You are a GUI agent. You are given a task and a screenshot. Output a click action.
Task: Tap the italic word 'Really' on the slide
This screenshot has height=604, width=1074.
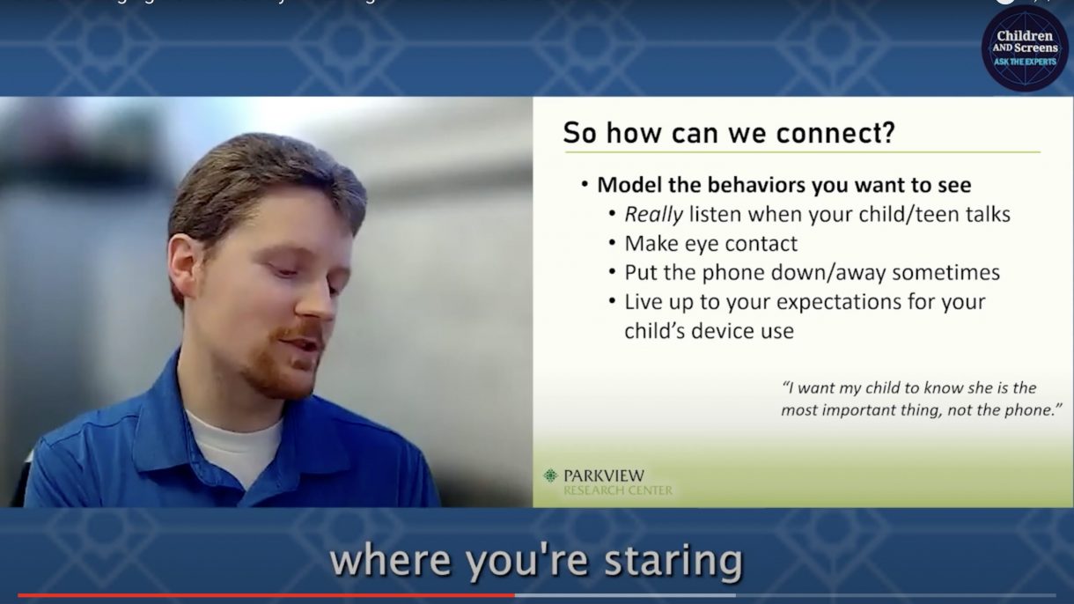[653, 214]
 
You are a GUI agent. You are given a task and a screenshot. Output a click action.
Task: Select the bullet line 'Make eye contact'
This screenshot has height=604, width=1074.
[710, 243]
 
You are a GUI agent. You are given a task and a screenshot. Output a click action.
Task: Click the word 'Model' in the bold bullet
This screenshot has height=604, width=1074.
[627, 185]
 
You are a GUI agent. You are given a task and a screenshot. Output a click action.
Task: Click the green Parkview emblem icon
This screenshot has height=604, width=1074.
[550, 475]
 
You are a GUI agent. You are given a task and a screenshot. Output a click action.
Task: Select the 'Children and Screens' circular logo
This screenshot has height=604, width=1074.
[1025, 48]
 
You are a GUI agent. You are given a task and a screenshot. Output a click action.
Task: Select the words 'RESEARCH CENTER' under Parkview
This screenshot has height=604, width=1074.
[617, 490]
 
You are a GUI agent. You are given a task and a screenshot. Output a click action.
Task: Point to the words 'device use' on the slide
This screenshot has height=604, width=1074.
[746, 331]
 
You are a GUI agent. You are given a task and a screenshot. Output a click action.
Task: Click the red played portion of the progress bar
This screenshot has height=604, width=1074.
[264, 595]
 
